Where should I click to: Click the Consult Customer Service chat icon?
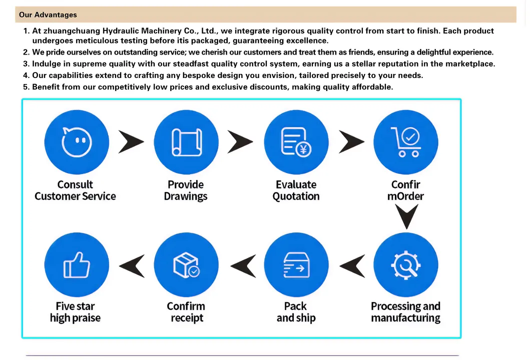tap(77, 142)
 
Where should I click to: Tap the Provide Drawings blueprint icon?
tap(186, 142)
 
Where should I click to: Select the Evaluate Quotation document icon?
tap(296, 142)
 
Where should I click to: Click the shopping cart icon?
tap(405, 142)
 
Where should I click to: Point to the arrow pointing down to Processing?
tap(406, 215)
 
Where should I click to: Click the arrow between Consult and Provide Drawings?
tap(131, 142)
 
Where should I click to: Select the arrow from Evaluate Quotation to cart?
tap(351, 142)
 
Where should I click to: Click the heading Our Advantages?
tap(48, 15)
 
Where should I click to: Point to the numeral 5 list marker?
tap(26, 87)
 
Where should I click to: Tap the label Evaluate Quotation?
tap(296, 190)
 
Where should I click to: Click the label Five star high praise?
tap(75, 312)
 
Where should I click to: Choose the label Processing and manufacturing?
tap(405, 312)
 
